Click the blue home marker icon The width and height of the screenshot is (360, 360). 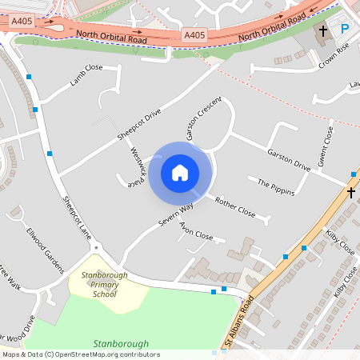tap(180, 172)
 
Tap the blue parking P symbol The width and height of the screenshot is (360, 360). tap(345, 30)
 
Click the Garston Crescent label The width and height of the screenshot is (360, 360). tap(204, 119)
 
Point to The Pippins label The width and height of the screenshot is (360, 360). tap(276, 186)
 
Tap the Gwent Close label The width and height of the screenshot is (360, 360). tap(327, 143)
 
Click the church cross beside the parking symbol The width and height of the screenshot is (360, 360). tap(323, 32)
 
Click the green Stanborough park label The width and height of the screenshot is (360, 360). tap(122, 344)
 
